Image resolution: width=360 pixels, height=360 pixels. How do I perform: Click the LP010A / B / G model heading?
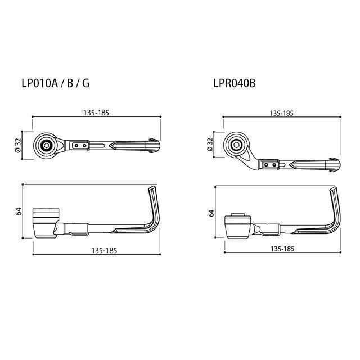pyautogui.click(x=55, y=83)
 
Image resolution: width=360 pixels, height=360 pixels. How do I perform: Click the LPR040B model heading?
pyautogui.click(x=235, y=83)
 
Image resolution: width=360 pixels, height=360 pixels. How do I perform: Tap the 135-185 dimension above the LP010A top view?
pyautogui.click(x=96, y=112)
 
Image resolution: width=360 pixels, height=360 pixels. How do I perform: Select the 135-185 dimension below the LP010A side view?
pyautogui.click(x=104, y=250)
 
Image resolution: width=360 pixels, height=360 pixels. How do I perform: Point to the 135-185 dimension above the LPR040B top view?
pyautogui.click(x=281, y=113)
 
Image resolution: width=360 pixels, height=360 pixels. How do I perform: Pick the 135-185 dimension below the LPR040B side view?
pyautogui.click(x=282, y=249)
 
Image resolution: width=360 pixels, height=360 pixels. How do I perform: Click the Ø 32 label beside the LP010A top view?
pyautogui.click(x=18, y=145)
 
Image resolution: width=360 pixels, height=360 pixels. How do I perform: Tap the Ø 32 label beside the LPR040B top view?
pyautogui.click(x=210, y=145)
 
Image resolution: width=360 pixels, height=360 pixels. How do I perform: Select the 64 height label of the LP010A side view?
pyautogui.click(x=19, y=211)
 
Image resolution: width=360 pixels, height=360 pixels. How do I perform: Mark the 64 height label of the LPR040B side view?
pyautogui.click(x=211, y=213)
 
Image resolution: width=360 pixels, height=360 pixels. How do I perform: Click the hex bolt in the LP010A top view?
pyautogui.click(x=46, y=145)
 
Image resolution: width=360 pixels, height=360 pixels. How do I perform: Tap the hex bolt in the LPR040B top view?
pyautogui.click(x=236, y=145)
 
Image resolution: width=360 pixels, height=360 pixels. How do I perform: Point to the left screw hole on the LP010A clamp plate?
pyautogui.click(x=76, y=146)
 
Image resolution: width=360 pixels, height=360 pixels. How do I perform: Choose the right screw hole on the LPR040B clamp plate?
pyautogui.click(x=274, y=165)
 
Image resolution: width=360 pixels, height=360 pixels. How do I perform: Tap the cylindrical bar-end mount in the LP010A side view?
pyautogui.click(x=46, y=223)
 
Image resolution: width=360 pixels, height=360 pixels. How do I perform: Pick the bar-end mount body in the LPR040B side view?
pyautogui.click(x=237, y=226)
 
